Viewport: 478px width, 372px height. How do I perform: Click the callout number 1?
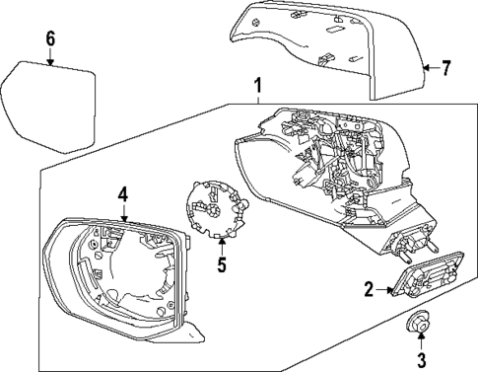coord(258,86)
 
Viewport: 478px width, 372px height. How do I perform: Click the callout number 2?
coord(367,289)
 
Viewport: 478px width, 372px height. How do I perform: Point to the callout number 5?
coord(221,264)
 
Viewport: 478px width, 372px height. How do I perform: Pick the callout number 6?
coord(49,39)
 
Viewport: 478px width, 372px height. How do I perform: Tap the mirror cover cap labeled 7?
coord(315,44)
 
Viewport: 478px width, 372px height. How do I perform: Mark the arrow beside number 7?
coord(429,68)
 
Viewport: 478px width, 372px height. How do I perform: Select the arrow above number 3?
coord(420,338)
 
